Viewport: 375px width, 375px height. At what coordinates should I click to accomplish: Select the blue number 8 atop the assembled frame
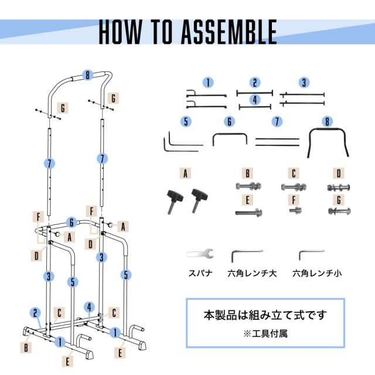tap(87, 76)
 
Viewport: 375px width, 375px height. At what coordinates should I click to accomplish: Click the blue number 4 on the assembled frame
tap(88, 306)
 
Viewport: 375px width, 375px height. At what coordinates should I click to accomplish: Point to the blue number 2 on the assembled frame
tap(36, 313)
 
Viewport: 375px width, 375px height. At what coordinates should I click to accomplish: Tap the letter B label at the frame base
tap(26, 347)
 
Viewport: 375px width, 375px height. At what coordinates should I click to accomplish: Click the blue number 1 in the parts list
tap(208, 83)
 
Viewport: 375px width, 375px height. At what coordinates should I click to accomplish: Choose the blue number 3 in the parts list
tap(304, 83)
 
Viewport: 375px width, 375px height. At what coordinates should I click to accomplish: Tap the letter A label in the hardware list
tap(186, 173)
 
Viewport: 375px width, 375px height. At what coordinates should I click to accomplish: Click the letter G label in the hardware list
tap(337, 199)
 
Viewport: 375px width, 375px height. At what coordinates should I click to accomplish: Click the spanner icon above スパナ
tap(200, 254)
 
